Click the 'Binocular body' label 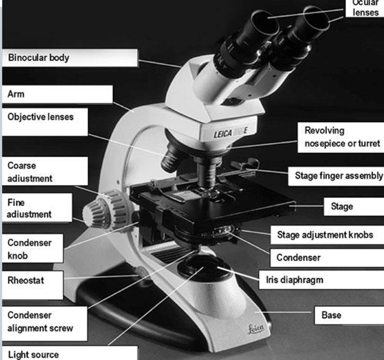(x=38, y=58)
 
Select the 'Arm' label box (x=16, y=94)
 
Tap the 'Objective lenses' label (x=40, y=117)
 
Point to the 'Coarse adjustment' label (x=29, y=172)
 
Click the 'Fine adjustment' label (x=29, y=208)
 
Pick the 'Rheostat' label (x=26, y=281)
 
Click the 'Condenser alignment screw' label (x=40, y=322)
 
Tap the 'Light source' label (x=33, y=354)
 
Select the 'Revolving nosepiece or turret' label (x=342, y=137)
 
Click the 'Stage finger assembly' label (x=338, y=176)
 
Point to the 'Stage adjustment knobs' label (x=325, y=235)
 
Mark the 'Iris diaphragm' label (x=294, y=280)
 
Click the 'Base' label (x=331, y=315)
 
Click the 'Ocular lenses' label (x=365, y=8)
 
